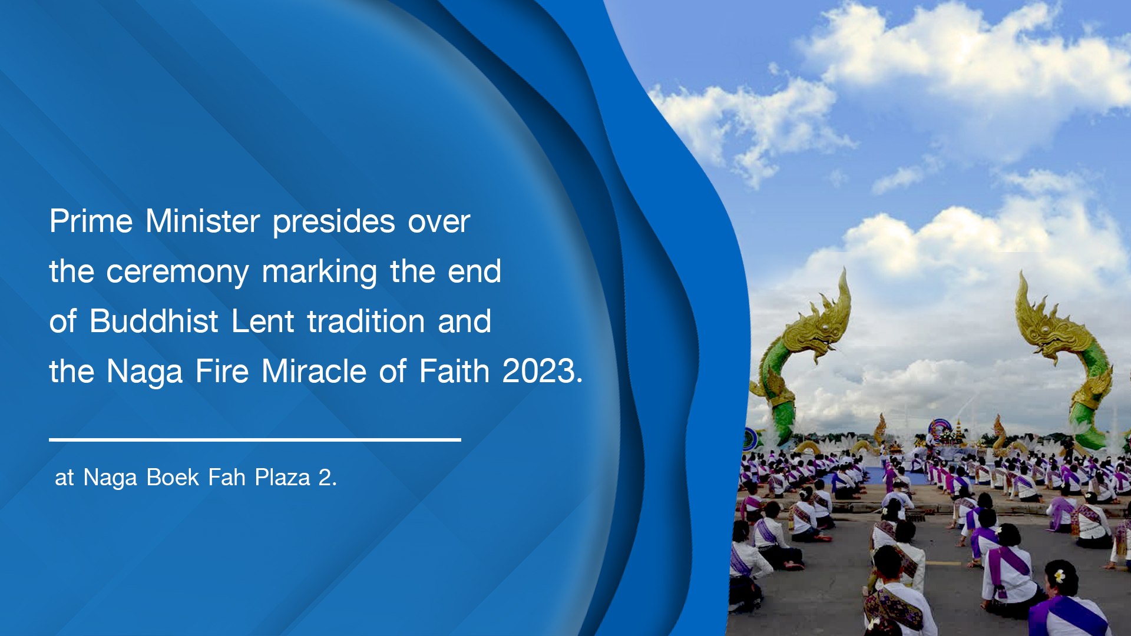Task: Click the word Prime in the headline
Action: pyautogui.click(x=91, y=221)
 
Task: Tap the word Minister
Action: pyautogui.click(x=203, y=221)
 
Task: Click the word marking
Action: pyautogui.click(x=319, y=273)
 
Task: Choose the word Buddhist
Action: pyautogui.click(x=154, y=322)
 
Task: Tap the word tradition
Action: pyautogui.click(x=366, y=322)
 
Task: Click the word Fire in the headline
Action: pyautogui.click(x=222, y=372)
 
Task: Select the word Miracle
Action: pyautogui.click(x=314, y=372)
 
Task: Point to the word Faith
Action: pyautogui.click(x=454, y=372)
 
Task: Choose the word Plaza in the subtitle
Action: pyautogui.click(x=282, y=478)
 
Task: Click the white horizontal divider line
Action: pyautogui.click(x=255, y=439)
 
